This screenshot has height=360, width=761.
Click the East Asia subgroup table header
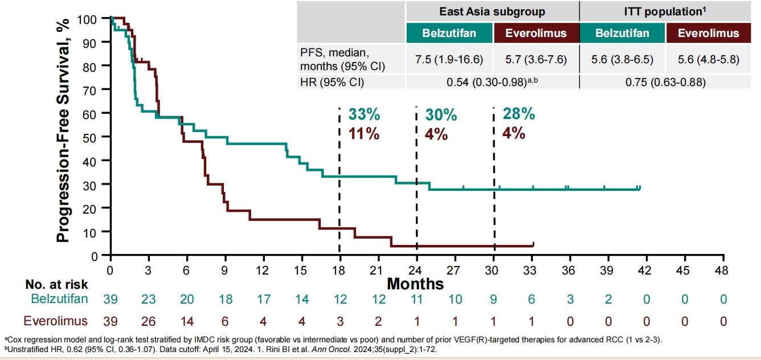coord(492,11)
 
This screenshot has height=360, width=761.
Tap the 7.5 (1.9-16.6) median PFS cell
coord(449,59)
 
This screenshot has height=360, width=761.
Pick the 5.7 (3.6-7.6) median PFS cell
coord(535,59)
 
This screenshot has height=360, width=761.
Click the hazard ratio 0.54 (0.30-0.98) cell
coord(492,82)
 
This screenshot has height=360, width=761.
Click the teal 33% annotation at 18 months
coord(364,114)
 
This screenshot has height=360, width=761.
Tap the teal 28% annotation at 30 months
coord(518,114)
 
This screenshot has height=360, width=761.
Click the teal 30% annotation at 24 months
coord(441,114)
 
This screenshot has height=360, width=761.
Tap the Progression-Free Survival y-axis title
coord(63,130)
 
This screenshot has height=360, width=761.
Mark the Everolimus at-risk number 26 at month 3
coord(148,321)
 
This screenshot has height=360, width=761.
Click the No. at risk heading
coord(56,283)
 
